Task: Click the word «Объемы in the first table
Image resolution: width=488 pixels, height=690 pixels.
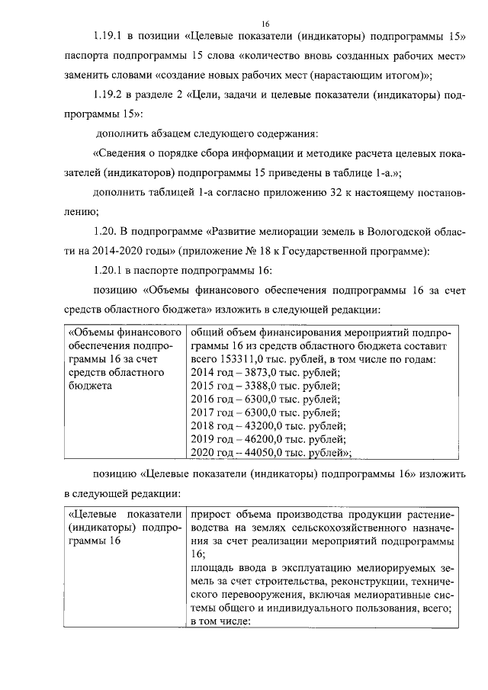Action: coord(90,333)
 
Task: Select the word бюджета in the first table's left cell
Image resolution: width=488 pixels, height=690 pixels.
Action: coord(90,386)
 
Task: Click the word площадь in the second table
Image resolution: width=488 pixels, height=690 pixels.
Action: coord(213,569)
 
